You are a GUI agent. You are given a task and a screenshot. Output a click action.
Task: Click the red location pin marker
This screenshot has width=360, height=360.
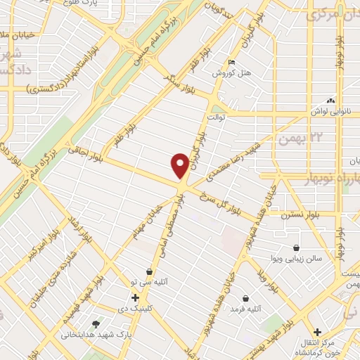(x=181, y=165)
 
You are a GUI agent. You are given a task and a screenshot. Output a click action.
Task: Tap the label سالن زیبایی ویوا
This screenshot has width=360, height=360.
(x=298, y=259)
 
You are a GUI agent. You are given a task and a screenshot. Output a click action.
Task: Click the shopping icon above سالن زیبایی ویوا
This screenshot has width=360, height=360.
(x=297, y=247)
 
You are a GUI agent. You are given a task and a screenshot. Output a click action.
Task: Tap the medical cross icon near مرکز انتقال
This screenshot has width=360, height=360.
(x=317, y=332)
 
